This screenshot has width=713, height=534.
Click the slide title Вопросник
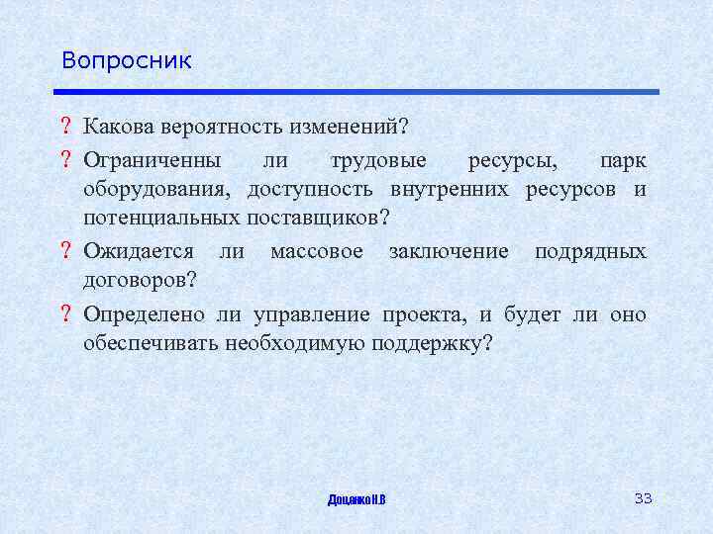coord(126,60)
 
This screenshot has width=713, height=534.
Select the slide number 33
coord(643,497)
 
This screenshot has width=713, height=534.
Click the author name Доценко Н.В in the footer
coord(356,498)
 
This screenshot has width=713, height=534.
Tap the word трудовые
coord(377,159)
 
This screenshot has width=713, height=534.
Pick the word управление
coord(299,314)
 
